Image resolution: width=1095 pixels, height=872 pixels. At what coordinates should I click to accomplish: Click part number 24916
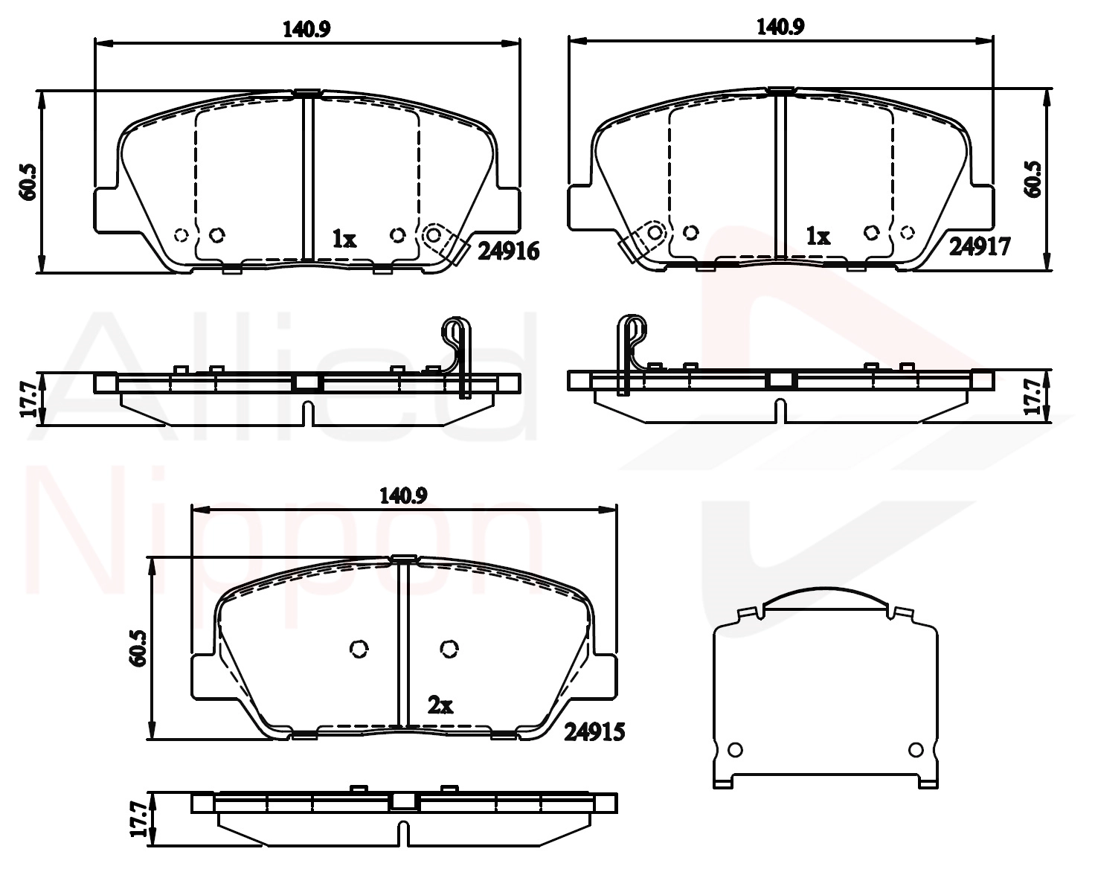(x=508, y=251)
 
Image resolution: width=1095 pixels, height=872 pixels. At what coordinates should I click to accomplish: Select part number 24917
(x=980, y=247)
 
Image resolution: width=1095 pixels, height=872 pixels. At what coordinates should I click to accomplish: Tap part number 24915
(x=594, y=732)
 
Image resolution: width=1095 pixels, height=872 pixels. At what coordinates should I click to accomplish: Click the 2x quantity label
(x=440, y=705)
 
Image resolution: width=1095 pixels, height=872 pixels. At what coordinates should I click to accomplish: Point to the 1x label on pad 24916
(x=344, y=239)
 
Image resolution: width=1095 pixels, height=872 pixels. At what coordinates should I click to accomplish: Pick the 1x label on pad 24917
(x=818, y=236)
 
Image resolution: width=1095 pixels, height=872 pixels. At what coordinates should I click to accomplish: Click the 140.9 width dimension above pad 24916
(x=306, y=29)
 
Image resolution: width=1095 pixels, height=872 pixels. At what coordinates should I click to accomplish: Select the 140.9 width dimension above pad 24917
(x=780, y=27)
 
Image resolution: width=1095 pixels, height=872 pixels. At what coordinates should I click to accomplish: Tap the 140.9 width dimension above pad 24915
(x=403, y=496)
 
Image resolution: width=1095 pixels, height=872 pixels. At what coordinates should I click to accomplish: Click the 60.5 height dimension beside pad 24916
(x=27, y=182)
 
